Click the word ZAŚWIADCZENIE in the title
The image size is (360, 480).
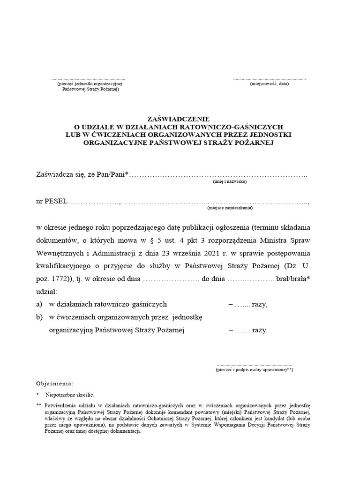tap(180, 120)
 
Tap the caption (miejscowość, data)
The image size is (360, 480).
tap(269, 84)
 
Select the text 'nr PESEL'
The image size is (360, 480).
tap(51, 201)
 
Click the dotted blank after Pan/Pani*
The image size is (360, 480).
tap(218, 175)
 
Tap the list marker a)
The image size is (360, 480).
tap(39, 304)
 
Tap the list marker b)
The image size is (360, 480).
tap(39, 317)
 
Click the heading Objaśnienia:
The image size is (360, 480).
tap(54, 383)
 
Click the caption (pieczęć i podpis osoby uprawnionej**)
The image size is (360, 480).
tap(255, 370)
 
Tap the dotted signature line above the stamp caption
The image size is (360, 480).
tap(255, 364)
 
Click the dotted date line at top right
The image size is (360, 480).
tap(269, 79)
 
